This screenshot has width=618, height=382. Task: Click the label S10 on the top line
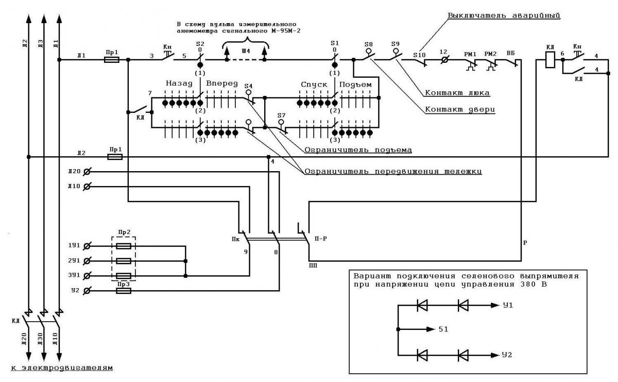[x=419, y=55]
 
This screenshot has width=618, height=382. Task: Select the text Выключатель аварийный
[x=504, y=15]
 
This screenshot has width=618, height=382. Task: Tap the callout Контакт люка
[x=457, y=93]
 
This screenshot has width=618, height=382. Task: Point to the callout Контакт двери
[x=460, y=109]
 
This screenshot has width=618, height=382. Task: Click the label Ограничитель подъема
[x=358, y=150]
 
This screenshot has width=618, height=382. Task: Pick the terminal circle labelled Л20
[x=87, y=172]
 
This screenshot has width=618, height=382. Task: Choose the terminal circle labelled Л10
[x=87, y=187]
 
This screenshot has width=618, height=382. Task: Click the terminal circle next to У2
[x=87, y=291]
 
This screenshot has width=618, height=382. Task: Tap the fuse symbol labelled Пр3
[x=124, y=291]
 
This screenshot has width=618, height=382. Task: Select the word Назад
[x=179, y=84]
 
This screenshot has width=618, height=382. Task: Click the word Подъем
[x=355, y=85]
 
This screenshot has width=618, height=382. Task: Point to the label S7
[x=281, y=115]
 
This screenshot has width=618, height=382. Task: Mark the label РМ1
[x=470, y=55]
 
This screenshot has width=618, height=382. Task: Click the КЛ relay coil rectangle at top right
[x=551, y=60]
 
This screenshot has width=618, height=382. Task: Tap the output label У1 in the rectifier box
[x=508, y=305]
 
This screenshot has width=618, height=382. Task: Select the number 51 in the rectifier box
[x=443, y=329]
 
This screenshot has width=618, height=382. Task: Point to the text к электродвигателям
[x=62, y=368]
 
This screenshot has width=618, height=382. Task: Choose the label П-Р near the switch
[x=320, y=238]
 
